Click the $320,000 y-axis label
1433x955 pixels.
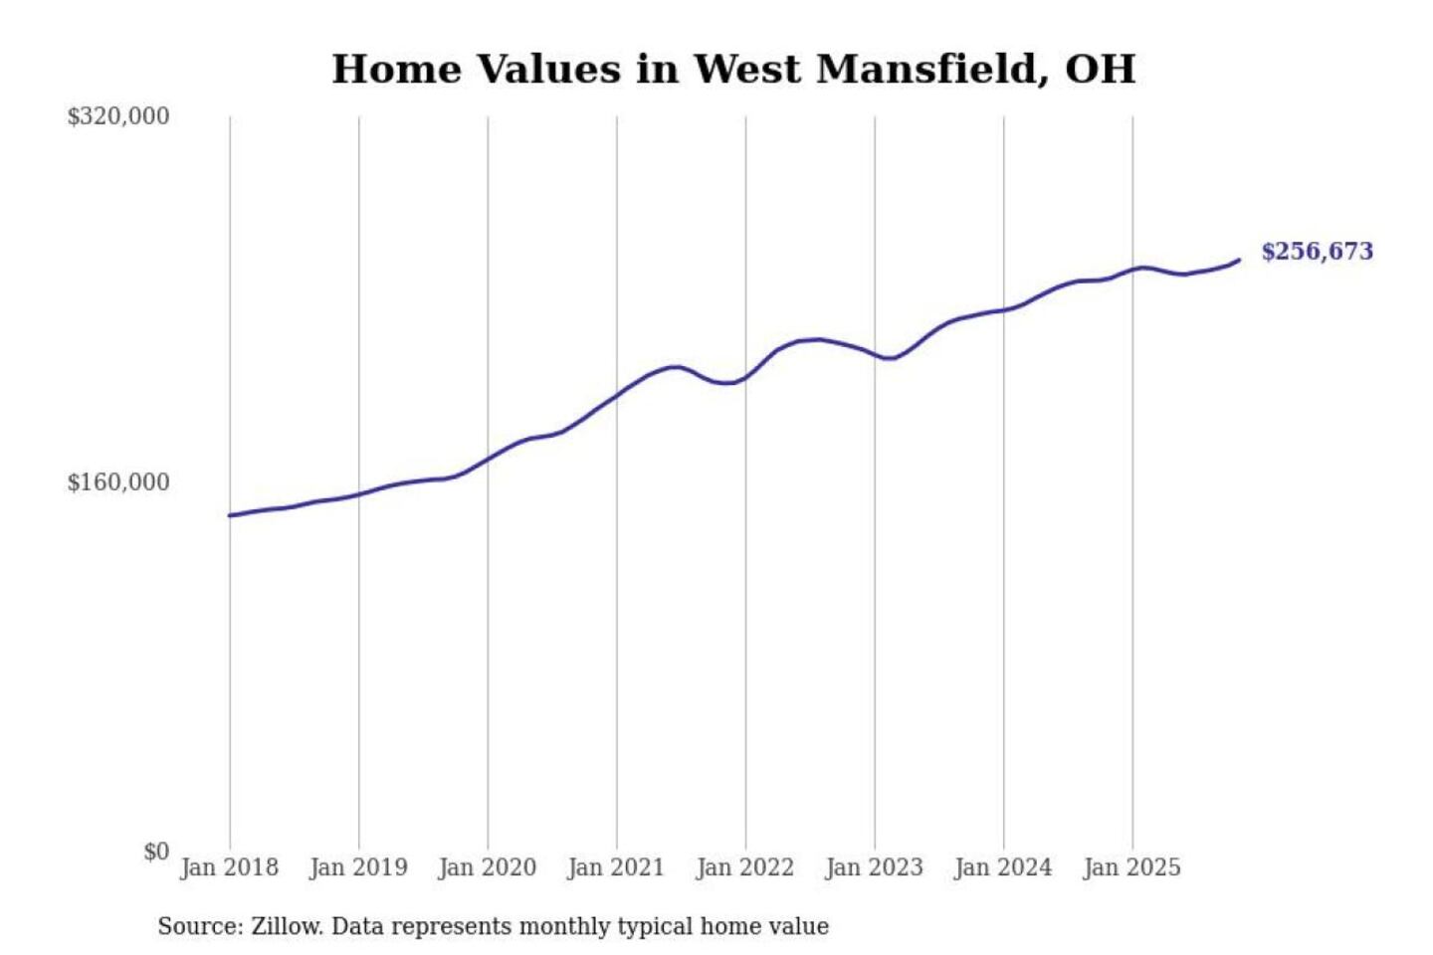pyautogui.click(x=118, y=116)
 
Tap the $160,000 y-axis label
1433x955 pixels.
pyautogui.click(x=118, y=482)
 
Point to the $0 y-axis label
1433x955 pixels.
pyautogui.click(x=156, y=852)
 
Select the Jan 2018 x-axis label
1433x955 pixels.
pyautogui.click(x=230, y=867)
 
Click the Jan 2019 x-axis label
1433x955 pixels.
pyautogui.click(x=358, y=867)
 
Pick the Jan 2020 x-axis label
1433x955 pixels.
pyautogui.click(x=488, y=867)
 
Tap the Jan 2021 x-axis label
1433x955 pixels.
pyautogui.click(x=616, y=867)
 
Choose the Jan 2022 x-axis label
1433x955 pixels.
pyautogui.click(x=745, y=867)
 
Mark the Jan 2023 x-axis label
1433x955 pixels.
pyautogui.click(x=875, y=867)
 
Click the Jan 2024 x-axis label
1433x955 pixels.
pyautogui.click(x=1003, y=867)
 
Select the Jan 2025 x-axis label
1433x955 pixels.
pyautogui.click(x=1132, y=867)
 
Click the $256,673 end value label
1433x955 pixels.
pyautogui.click(x=1317, y=252)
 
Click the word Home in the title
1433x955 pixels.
pyautogui.click(x=397, y=70)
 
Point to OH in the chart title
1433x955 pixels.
pyautogui.click(x=1101, y=70)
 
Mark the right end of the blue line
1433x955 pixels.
pyautogui.click(x=1239, y=260)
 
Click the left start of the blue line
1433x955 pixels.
pyautogui.click(x=230, y=515)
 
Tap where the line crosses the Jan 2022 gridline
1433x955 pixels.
pyautogui.click(x=745, y=378)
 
